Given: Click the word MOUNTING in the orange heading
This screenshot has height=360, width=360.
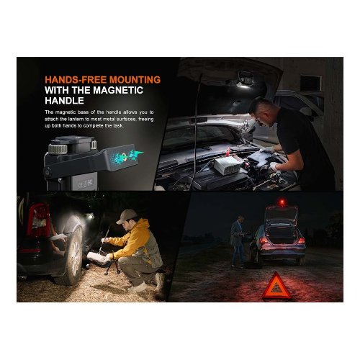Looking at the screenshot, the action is pos(135,80).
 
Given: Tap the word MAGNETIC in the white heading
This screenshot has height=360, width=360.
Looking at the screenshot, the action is pos(118,90).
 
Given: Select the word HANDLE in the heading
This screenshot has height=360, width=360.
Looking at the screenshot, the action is pos(64,101).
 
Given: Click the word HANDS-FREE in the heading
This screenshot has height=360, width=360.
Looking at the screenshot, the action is pos(76,80).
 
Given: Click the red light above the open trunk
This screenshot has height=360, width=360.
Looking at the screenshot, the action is pos(282,202).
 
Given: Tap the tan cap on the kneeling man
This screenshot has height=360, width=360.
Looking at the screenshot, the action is pos(127,216).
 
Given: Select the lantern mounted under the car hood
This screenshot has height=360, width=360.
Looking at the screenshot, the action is pos(246,80).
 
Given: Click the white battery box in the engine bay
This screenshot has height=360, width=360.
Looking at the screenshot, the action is pos(229,165).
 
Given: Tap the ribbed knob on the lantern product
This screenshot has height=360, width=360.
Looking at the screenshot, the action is pos(58,148).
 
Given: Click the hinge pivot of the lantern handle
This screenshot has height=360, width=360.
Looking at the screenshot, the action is pos(47,172).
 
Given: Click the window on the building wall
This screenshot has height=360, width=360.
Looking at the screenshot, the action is pos(310,83).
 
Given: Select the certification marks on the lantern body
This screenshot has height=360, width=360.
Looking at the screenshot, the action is pos(86,184).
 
